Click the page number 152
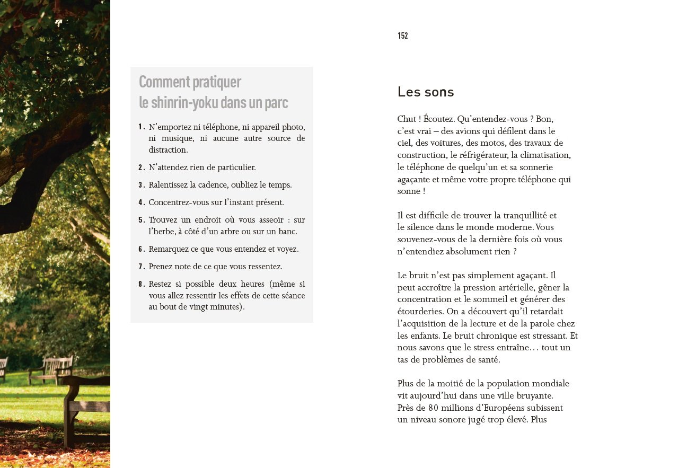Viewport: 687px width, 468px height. click(x=403, y=36)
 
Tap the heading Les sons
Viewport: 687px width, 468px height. click(x=426, y=92)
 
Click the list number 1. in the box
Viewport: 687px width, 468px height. click(x=142, y=127)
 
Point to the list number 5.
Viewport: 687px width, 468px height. click(x=142, y=220)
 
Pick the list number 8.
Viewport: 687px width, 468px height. click(x=142, y=284)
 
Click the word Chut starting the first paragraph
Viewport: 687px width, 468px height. click(x=407, y=119)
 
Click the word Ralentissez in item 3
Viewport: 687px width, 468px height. click(x=169, y=185)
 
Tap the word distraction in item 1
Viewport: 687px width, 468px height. click(x=168, y=150)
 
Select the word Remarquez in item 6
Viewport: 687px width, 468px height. click(x=169, y=249)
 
